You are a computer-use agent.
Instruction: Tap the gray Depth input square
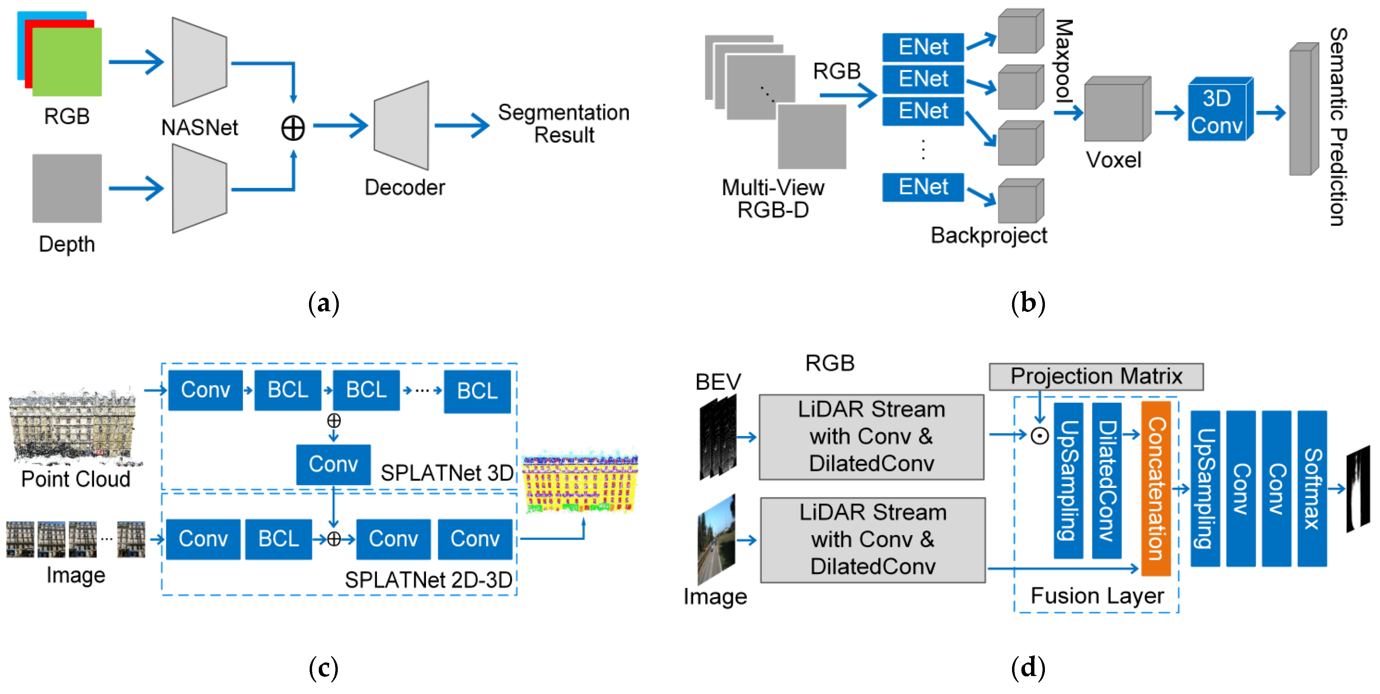(x=67, y=189)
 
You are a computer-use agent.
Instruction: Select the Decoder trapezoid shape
(x=402, y=126)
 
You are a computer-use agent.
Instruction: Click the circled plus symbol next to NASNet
(x=293, y=128)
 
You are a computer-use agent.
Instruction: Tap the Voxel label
(x=1113, y=160)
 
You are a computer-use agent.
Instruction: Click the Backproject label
(x=988, y=236)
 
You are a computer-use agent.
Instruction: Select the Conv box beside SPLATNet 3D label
(x=333, y=464)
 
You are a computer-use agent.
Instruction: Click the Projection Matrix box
(x=1095, y=376)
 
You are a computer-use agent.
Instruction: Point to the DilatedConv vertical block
(x=1106, y=480)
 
